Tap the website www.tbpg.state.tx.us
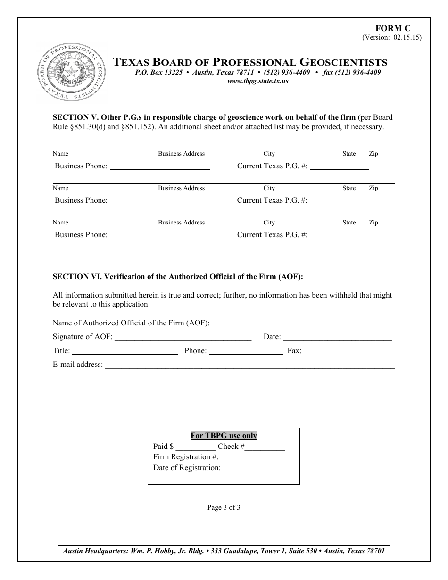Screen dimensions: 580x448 point(257,81)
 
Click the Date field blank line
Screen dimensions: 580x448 point(337,337)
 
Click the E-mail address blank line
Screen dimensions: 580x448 point(249,365)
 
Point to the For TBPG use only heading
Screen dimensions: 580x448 point(224,436)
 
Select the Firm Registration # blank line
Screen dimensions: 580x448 point(253,457)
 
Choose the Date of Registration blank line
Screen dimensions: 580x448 point(255,468)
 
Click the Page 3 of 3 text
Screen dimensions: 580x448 point(224,508)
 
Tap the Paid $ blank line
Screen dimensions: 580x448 point(196,447)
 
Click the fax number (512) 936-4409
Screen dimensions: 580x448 point(352,73)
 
